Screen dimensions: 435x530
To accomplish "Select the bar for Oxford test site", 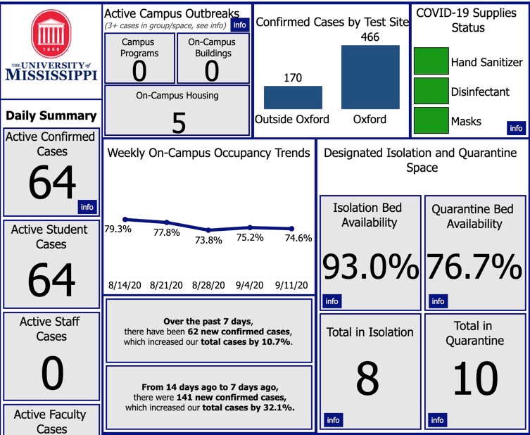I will click(370, 77).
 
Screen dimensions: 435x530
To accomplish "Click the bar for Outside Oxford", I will click(293, 98).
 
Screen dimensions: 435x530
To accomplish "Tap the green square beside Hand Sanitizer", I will click(431, 61).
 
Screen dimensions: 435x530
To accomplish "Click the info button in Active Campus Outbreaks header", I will click(239, 25).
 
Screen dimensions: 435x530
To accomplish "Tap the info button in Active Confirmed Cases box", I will click(87, 207).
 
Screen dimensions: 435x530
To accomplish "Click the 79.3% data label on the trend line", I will click(118, 229).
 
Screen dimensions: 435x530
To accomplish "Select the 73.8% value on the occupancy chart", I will click(208, 240).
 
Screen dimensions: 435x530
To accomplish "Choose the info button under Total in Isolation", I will click(332, 420).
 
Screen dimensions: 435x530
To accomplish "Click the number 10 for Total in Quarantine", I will click(475, 379).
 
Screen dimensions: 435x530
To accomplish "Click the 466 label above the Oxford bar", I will click(370, 36).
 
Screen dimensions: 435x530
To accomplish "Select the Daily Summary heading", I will click(51, 115).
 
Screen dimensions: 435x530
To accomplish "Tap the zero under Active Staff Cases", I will click(52, 374).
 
